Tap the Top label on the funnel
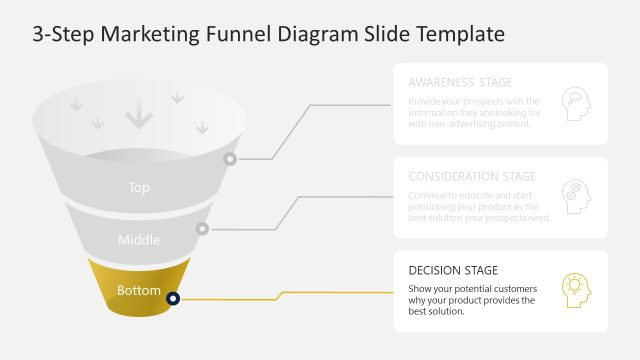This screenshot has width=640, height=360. [x=139, y=187]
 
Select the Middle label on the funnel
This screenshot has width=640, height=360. [x=139, y=240]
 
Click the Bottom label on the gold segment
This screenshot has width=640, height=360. [x=139, y=291]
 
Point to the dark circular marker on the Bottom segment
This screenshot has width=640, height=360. [x=173, y=298]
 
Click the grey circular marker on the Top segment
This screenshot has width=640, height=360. [x=230, y=158]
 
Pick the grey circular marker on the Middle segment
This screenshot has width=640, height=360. [x=202, y=228]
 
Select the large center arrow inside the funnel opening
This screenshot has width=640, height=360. [x=139, y=116]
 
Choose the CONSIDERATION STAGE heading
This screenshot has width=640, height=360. [x=472, y=176]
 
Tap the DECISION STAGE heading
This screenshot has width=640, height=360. [x=453, y=270]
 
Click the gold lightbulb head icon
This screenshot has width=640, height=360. [x=576, y=289]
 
